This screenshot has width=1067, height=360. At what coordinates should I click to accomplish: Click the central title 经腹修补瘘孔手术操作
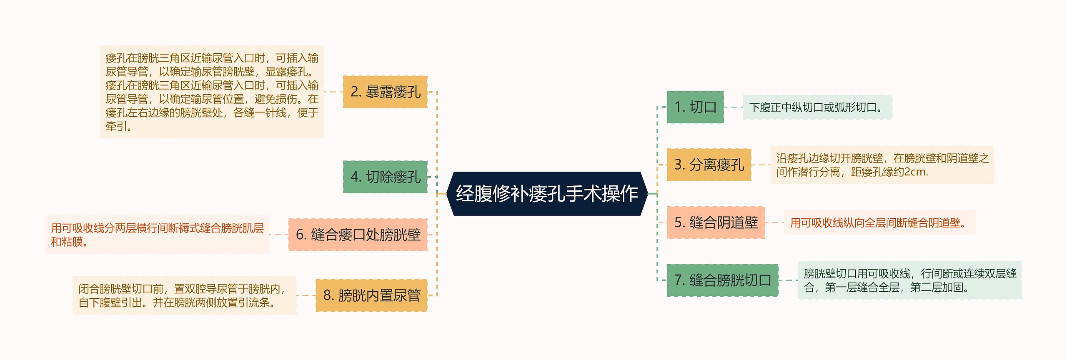[547, 194]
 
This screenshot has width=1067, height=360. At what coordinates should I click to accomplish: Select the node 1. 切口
[695, 107]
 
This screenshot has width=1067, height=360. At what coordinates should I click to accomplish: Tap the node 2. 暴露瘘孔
[385, 92]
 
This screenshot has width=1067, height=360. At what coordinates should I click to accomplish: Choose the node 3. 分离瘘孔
[709, 165]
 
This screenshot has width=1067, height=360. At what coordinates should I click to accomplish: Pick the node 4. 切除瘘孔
[385, 177]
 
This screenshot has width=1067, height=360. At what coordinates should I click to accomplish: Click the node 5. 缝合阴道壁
[716, 222]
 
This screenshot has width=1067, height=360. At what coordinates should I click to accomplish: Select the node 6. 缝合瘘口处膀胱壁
[358, 235]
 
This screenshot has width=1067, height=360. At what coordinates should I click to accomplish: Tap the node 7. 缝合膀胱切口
[722, 280]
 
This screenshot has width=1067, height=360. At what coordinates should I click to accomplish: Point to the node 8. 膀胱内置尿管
[371, 295]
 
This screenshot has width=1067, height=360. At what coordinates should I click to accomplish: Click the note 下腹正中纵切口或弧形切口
[817, 107]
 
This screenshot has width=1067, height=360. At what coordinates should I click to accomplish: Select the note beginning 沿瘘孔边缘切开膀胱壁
[882, 165]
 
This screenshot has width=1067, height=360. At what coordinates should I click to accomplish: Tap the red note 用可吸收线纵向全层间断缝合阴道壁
[879, 223]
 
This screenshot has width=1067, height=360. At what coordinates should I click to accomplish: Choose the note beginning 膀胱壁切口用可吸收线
[909, 280]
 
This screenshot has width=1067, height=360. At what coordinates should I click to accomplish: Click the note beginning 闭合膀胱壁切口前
[184, 295]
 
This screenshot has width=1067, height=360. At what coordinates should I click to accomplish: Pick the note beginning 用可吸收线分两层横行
[157, 235]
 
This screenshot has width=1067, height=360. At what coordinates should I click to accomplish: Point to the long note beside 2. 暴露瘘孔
[212, 92]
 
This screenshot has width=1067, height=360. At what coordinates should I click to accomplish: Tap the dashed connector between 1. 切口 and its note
[733, 107]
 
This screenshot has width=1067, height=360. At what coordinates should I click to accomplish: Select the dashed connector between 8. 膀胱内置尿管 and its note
[306, 295]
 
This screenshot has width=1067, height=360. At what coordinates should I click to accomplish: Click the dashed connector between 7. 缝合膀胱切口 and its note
[788, 280]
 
